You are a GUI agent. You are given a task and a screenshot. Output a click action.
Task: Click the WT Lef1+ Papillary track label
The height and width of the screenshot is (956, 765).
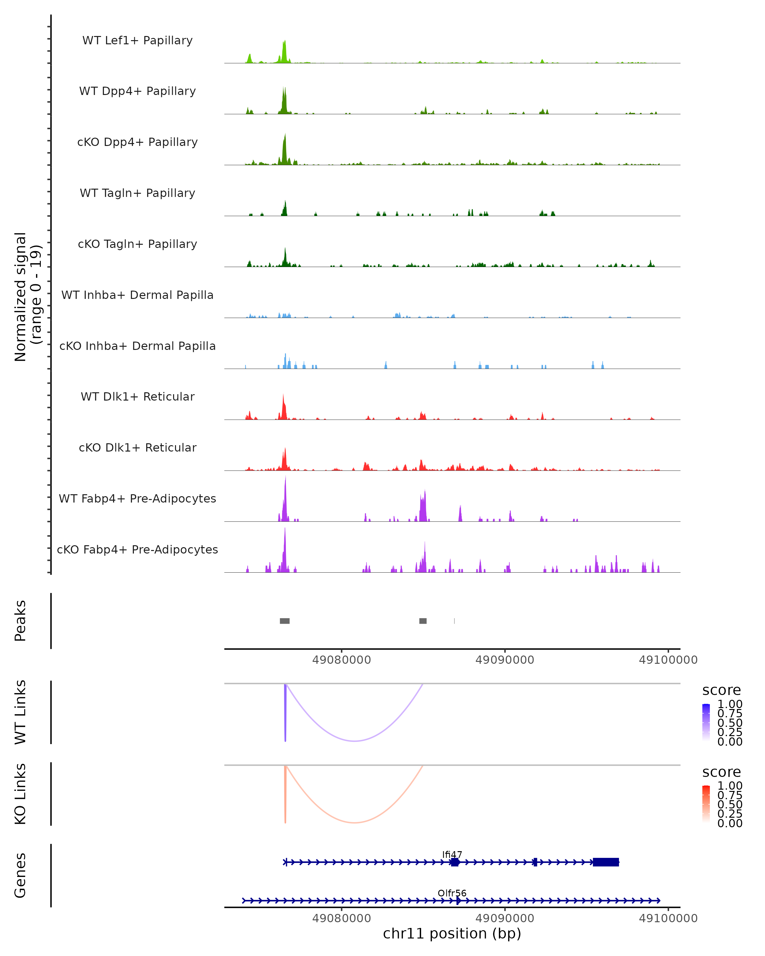pos(137,40)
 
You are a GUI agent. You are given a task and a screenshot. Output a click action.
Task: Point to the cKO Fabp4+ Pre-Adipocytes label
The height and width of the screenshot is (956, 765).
pos(137,549)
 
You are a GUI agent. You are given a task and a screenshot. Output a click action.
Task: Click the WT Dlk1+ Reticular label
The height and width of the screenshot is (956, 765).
pos(137,396)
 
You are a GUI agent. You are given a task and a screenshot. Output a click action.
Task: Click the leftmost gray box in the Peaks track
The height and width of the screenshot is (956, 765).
pos(285,621)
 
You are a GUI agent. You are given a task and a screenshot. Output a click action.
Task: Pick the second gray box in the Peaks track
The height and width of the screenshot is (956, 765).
pos(423,621)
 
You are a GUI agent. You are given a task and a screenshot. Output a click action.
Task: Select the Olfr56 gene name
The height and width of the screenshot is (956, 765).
pos(452,893)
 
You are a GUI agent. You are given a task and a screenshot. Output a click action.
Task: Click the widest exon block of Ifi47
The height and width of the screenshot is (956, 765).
pos(606,862)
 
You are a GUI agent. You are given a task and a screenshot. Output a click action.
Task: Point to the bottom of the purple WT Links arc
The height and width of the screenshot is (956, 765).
pos(354,741)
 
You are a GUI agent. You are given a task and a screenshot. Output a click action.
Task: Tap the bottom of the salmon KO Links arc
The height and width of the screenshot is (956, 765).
pos(354,822)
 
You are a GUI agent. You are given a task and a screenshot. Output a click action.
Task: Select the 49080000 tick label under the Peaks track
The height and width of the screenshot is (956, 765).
pos(341,660)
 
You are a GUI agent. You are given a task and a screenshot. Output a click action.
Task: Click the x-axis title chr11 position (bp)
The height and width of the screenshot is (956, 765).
pos(452,934)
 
